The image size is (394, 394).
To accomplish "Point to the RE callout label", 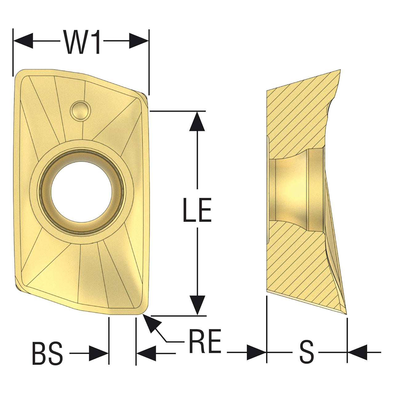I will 205,341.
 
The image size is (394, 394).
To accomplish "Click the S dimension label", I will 307,352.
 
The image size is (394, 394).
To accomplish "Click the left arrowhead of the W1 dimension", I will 23,41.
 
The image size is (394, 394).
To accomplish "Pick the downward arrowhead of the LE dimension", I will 197,305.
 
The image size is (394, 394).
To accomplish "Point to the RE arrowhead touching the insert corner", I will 152,323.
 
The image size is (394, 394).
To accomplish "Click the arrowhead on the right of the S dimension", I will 357,352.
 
